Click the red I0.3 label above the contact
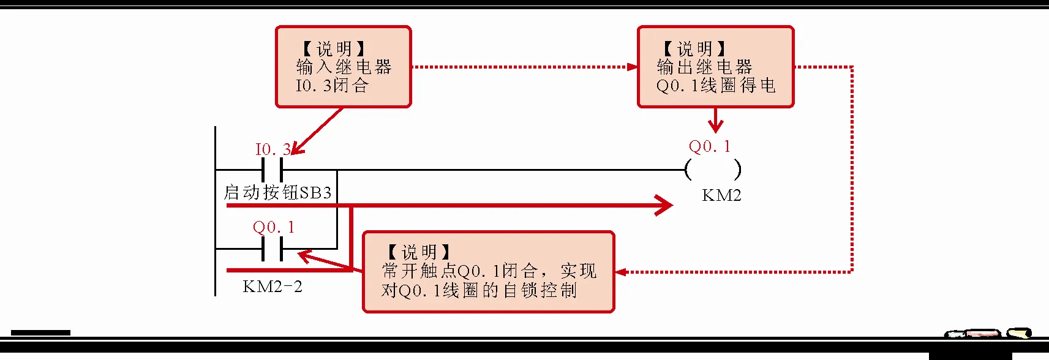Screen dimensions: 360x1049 point(272,149)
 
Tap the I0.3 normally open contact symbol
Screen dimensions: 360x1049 point(272,170)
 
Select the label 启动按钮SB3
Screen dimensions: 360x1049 point(277,192)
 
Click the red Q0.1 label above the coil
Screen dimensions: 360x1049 point(709,146)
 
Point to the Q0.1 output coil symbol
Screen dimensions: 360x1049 point(713,170)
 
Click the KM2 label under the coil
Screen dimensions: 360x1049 point(721,195)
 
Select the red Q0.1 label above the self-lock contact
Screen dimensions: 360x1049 point(273,227)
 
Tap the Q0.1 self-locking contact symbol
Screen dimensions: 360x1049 point(272,249)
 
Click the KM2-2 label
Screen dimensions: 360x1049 point(273,287)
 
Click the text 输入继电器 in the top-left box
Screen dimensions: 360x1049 point(344,67)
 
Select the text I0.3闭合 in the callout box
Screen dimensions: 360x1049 point(332,85)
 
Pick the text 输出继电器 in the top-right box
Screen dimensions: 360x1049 point(704,67)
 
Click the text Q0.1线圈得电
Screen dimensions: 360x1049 point(716,85)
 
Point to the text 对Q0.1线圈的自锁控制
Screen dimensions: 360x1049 point(479,290)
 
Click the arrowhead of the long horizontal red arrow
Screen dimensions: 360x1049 point(665,205)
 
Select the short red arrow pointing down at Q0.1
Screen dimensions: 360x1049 point(715,121)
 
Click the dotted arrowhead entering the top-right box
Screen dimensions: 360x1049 point(632,67)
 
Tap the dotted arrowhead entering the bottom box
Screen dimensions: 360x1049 point(621,272)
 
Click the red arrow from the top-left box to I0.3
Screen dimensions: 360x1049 point(317,131)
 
